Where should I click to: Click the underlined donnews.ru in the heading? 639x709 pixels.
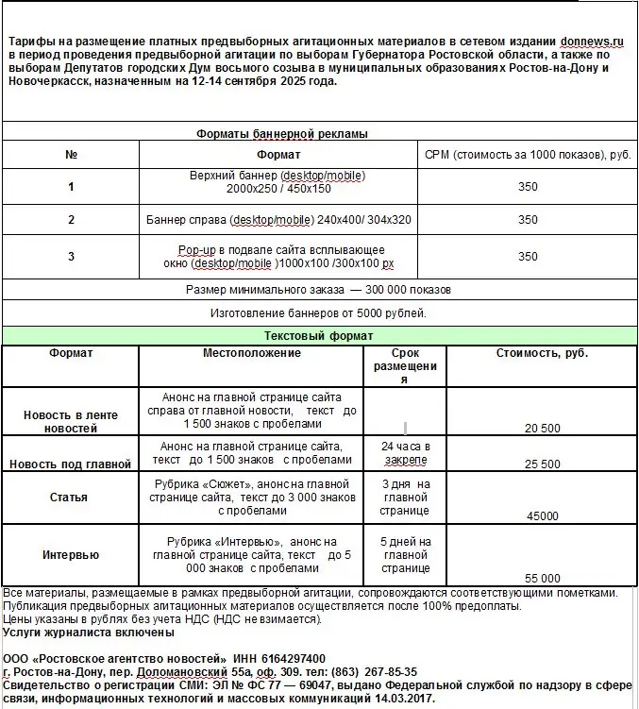click(x=593, y=42)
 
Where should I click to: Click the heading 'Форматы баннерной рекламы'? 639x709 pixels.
click(x=281, y=133)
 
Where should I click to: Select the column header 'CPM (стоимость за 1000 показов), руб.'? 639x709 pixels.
click(x=528, y=154)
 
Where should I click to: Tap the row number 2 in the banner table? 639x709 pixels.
click(x=71, y=220)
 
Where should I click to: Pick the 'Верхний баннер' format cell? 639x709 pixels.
click(x=277, y=182)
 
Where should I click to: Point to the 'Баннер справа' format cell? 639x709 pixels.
click(x=278, y=220)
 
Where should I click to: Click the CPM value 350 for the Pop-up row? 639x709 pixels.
click(x=528, y=256)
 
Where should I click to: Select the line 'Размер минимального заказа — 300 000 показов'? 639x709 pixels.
click(x=318, y=289)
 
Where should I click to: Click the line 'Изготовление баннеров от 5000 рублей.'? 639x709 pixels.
click(x=318, y=312)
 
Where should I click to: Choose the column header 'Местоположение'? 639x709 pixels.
click(x=251, y=353)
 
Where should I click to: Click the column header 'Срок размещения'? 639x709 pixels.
click(x=405, y=365)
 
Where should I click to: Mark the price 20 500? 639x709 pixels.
click(x=542, y=428)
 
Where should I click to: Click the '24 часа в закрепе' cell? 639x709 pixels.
click(x=405, y=452)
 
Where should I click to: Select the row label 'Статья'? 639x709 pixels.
click(x=70, y=497)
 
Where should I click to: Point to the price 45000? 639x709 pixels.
click(x=542, y=515)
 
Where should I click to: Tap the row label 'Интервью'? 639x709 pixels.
click(x=70, y=554)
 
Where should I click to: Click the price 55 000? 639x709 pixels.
click(x=542, y=578)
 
